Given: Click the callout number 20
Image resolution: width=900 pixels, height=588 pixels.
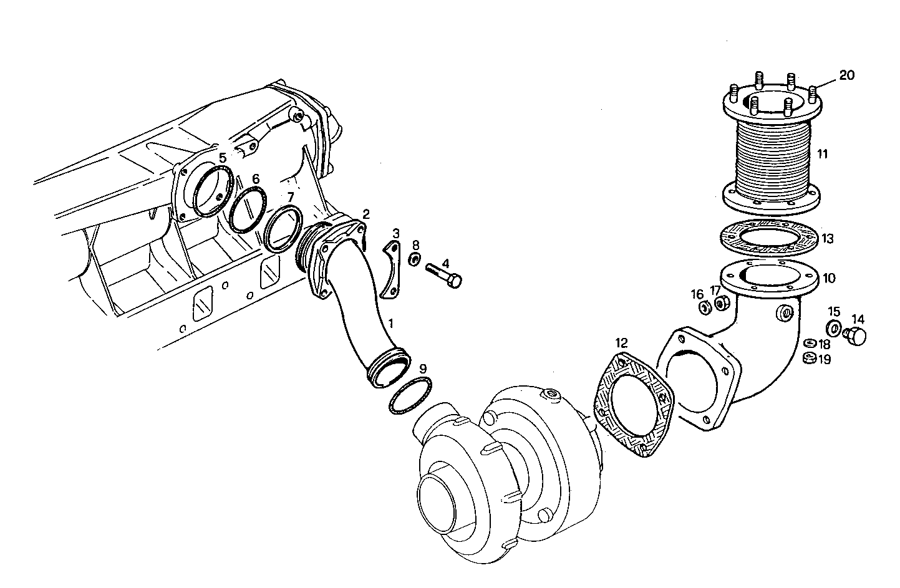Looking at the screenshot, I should [x=846, y=75].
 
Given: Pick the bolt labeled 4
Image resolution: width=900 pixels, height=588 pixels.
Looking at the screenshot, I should [x=444, y=275].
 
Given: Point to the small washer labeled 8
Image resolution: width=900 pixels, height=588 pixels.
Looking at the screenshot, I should [x=413, y=259].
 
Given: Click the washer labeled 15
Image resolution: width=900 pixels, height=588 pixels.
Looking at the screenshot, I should [x=833, y=328].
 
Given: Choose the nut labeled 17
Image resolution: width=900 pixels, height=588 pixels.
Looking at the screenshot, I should [x=722, y=304].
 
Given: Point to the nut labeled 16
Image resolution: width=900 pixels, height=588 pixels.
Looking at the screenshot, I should [x=704, y=307].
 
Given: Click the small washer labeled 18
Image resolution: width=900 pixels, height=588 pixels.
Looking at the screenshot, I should [x=809, y=342].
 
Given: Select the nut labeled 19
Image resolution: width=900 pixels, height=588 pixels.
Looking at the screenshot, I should [x=809, y=358].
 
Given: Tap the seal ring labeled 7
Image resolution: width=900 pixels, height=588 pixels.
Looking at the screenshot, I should [x=283, y=228].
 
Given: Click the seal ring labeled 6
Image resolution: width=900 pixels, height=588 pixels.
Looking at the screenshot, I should [x=248, y=210].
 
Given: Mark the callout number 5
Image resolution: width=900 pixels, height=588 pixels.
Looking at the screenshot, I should [x=223, y=158].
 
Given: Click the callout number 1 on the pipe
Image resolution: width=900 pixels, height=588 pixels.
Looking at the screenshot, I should [x=391, y=324].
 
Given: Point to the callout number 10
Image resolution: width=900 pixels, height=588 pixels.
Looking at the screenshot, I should [x=829, y=278].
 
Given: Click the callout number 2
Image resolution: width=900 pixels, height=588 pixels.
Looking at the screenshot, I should [x=366, y=214].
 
